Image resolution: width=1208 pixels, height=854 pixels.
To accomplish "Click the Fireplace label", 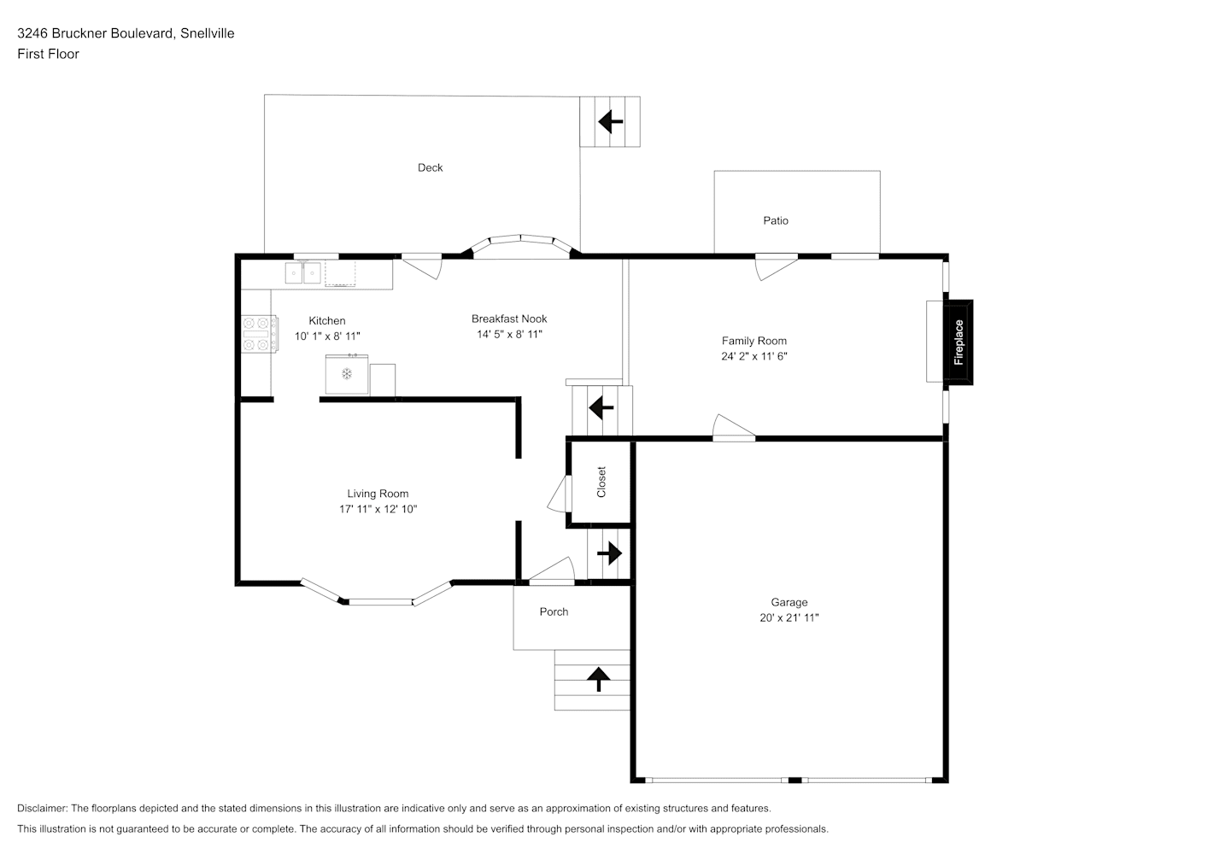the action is coord(959,342).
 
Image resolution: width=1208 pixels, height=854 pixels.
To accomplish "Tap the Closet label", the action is coord(601,482).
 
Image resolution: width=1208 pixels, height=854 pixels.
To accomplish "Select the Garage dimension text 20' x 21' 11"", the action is coord(789,617).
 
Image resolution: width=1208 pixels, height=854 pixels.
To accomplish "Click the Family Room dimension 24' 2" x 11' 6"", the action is coord(754,356).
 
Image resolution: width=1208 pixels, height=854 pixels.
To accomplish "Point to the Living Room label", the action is coord(378,494).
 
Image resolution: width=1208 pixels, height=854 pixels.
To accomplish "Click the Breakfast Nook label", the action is coord(509,319).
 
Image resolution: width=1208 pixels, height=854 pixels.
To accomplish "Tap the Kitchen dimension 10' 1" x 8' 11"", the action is coord(327,336).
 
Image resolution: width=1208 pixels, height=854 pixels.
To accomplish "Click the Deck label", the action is coord(430,167).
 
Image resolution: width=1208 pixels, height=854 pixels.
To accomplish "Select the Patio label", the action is coord(776,220).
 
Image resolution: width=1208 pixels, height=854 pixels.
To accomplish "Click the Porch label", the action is coord(554,612).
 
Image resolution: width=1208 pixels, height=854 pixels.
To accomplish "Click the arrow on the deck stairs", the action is coord(611,121).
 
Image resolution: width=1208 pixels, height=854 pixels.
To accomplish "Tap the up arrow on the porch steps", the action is coord(598,679).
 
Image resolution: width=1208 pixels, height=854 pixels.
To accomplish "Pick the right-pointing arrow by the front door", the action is coord(609,553).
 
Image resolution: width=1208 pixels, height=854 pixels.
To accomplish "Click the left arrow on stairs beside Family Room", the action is coord(601,407).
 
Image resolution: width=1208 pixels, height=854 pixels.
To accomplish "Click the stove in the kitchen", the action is coord(260,334).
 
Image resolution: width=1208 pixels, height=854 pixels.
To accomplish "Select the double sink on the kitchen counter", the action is coord(303,272).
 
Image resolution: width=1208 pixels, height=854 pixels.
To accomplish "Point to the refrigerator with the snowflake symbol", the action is coord(347,374).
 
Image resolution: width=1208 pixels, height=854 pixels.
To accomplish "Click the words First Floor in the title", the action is coord(48,54).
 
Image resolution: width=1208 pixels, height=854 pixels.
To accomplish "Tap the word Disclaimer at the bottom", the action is coord(42,808).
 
